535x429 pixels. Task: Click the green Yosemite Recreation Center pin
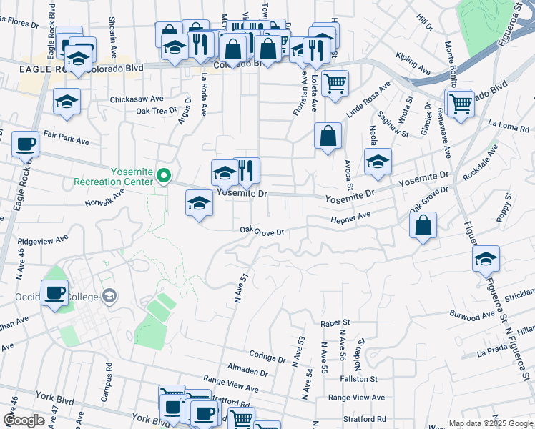tap(164, 175)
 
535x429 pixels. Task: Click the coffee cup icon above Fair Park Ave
tap(25, 144)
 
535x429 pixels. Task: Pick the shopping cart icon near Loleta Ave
tap(334, 83)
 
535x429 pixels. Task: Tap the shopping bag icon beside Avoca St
tap(328, 135)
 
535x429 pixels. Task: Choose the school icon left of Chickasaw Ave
tap(67, 102)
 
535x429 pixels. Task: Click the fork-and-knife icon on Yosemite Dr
tap(246, 170)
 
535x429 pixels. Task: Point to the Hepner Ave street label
tap(350, 217)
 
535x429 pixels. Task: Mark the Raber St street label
tap(334, 323)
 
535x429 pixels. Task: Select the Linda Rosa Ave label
tap(368, 100)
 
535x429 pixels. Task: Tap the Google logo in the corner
tap(24, 420)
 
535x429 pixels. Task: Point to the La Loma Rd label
tap(509, 126)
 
